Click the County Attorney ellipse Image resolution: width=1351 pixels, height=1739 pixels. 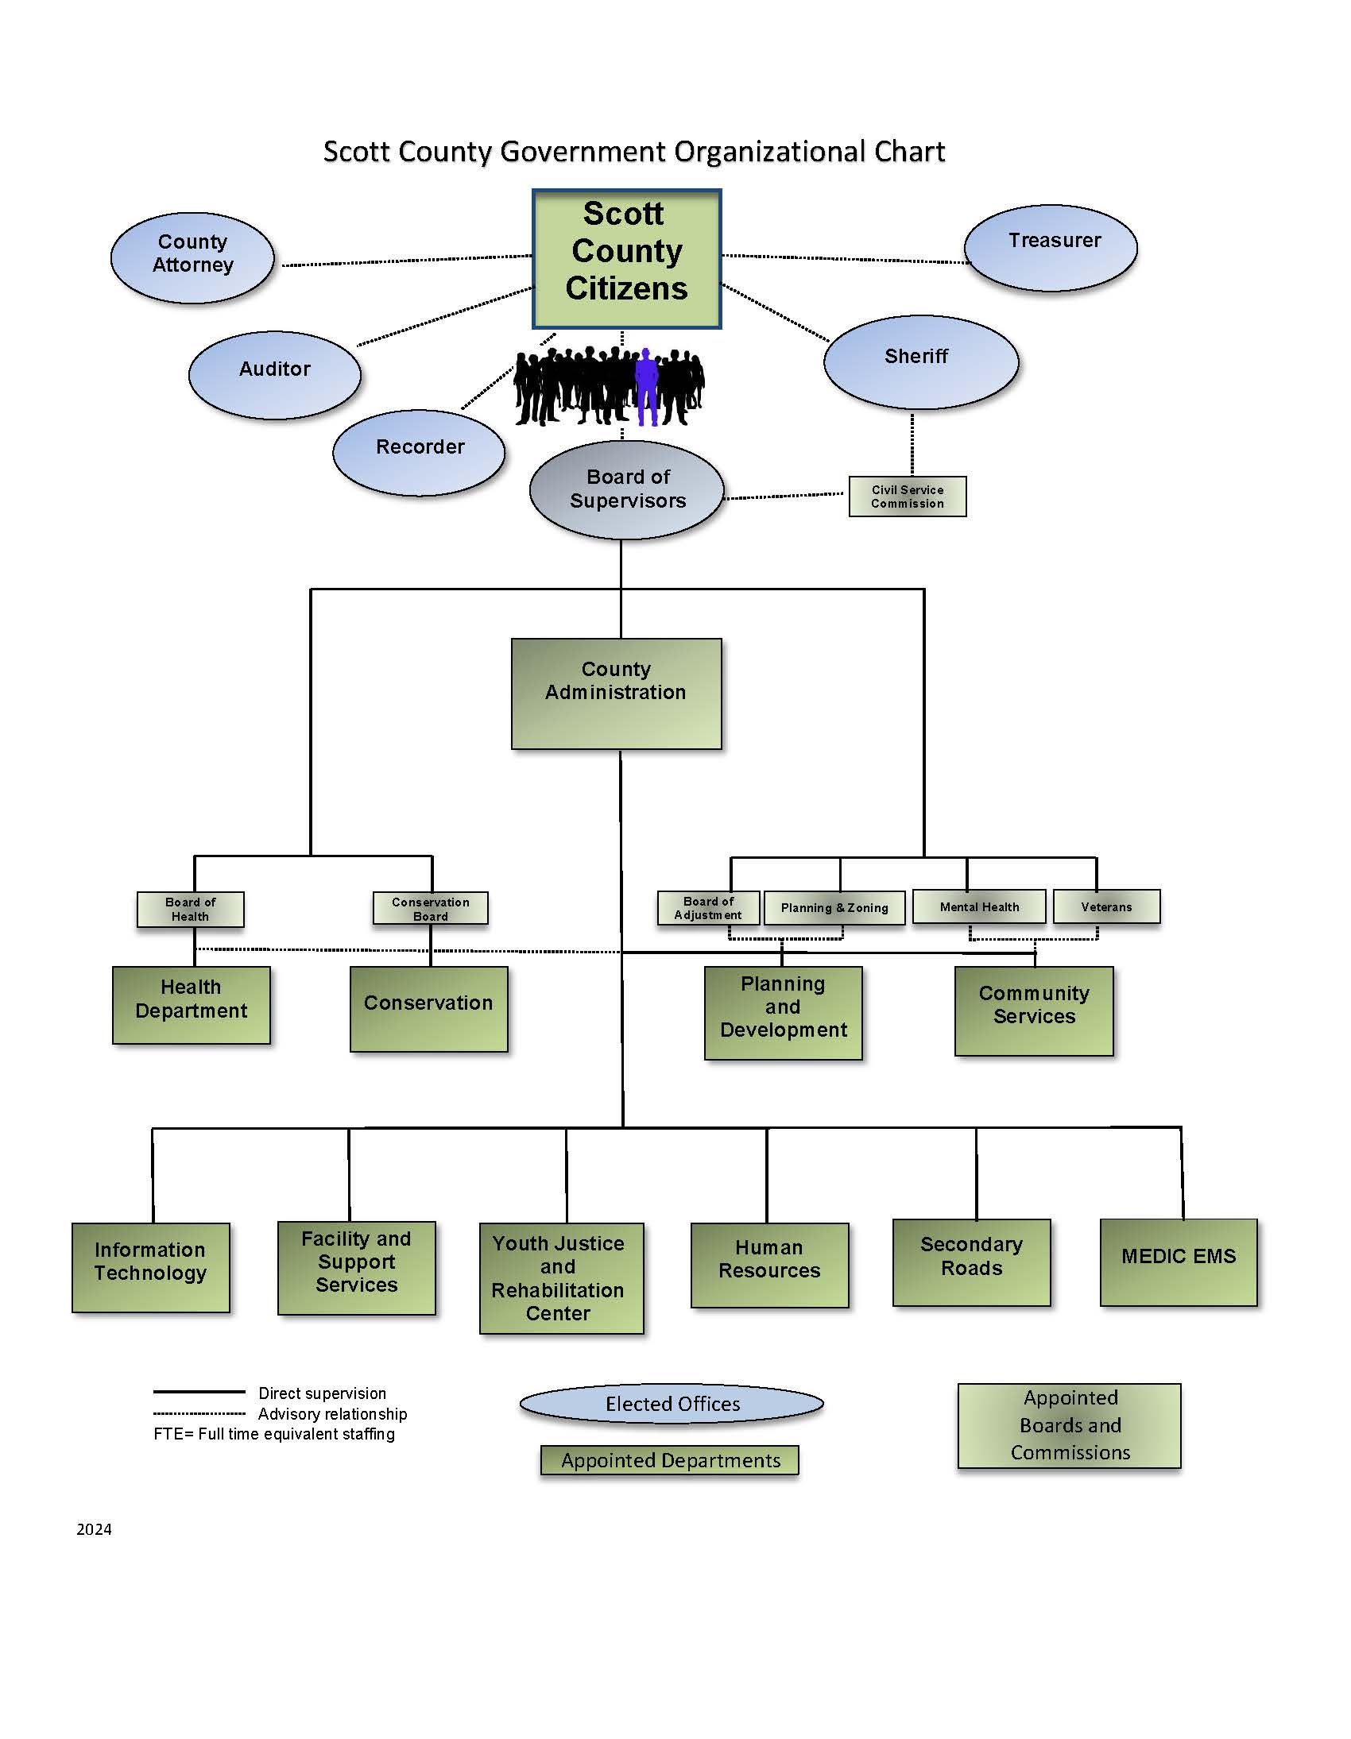192,257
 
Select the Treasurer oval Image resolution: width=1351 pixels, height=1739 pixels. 1051,248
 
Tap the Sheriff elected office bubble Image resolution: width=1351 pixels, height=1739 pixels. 920,361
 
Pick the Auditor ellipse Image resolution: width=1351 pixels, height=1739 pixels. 275,374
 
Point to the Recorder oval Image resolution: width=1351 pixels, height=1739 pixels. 419,452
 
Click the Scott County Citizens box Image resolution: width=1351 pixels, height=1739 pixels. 626,259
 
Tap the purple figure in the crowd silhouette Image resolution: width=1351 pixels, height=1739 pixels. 647,386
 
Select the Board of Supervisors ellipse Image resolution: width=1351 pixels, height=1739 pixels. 627,489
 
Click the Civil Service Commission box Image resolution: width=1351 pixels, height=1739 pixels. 908,497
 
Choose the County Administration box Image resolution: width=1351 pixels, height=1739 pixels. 616,693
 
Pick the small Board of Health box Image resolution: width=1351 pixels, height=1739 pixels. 191,910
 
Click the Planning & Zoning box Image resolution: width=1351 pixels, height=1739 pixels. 834,908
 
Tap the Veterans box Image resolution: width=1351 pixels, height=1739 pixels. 1105,907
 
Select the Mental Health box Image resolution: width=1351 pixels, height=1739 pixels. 978,907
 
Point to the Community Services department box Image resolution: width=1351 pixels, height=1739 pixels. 1033,1011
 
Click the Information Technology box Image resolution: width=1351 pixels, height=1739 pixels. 150,1267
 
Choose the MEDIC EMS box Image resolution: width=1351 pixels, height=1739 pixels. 1178,1262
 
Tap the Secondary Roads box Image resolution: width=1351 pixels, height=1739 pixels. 971,1262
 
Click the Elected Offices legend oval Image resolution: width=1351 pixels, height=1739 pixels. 672,1404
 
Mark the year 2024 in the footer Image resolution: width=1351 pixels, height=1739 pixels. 94,1528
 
